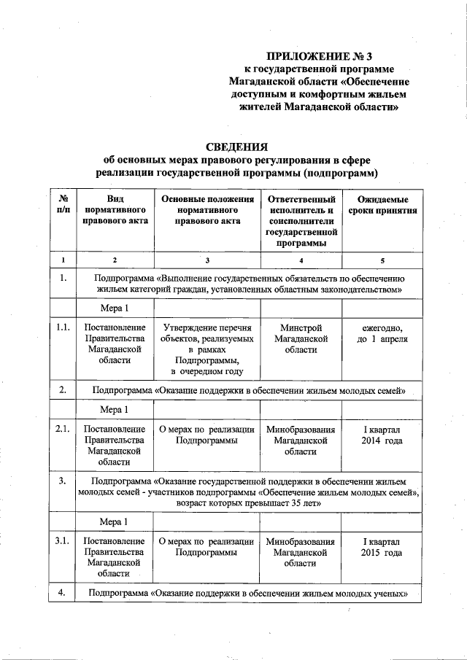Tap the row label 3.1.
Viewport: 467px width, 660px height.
tap(63, 542)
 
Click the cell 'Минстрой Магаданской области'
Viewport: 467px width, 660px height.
tap(301, 339)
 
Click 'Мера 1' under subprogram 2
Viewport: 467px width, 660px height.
tap(115, 409)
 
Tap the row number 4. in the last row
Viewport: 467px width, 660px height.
tap(63, 593)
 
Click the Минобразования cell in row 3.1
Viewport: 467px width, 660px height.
tap(301, 553)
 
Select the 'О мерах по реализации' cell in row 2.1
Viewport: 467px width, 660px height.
tap(207, 435)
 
